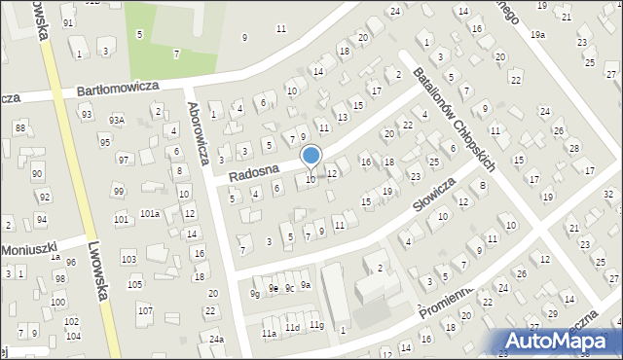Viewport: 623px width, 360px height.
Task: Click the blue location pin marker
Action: pos(311,157)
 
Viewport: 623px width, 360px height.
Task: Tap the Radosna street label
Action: pos(254,172)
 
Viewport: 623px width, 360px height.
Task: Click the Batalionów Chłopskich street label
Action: pos(454,120)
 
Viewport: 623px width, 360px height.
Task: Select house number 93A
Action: pos(117,120)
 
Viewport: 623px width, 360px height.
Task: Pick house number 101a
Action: pos(149,213)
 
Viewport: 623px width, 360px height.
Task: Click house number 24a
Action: pos(216,339)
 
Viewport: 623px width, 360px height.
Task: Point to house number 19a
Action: pos(538,34)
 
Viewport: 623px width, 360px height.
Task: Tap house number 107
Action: pos(144,310)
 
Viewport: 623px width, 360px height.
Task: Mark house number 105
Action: pos(134,284)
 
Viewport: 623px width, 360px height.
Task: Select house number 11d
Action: pos(292,328)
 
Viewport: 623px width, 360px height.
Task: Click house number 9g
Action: pos(254,293)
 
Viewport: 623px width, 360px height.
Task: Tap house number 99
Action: pos(118,191)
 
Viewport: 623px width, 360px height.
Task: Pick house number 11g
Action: pos(316,324)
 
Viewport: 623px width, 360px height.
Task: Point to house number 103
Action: pos(128,259)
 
